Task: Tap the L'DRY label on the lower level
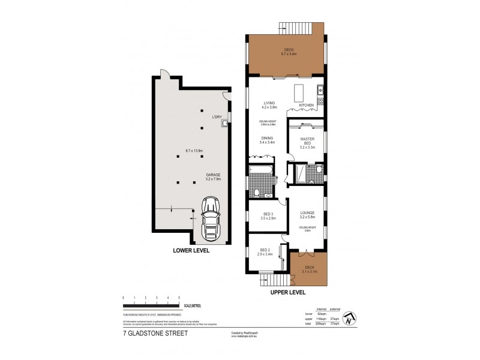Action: [217, 117]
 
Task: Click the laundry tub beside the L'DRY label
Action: [224, 124]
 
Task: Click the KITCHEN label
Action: [307, 106]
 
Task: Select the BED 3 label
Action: [269, 216]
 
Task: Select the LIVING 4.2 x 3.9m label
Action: [268, 106]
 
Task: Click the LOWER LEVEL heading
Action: [191, 251]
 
